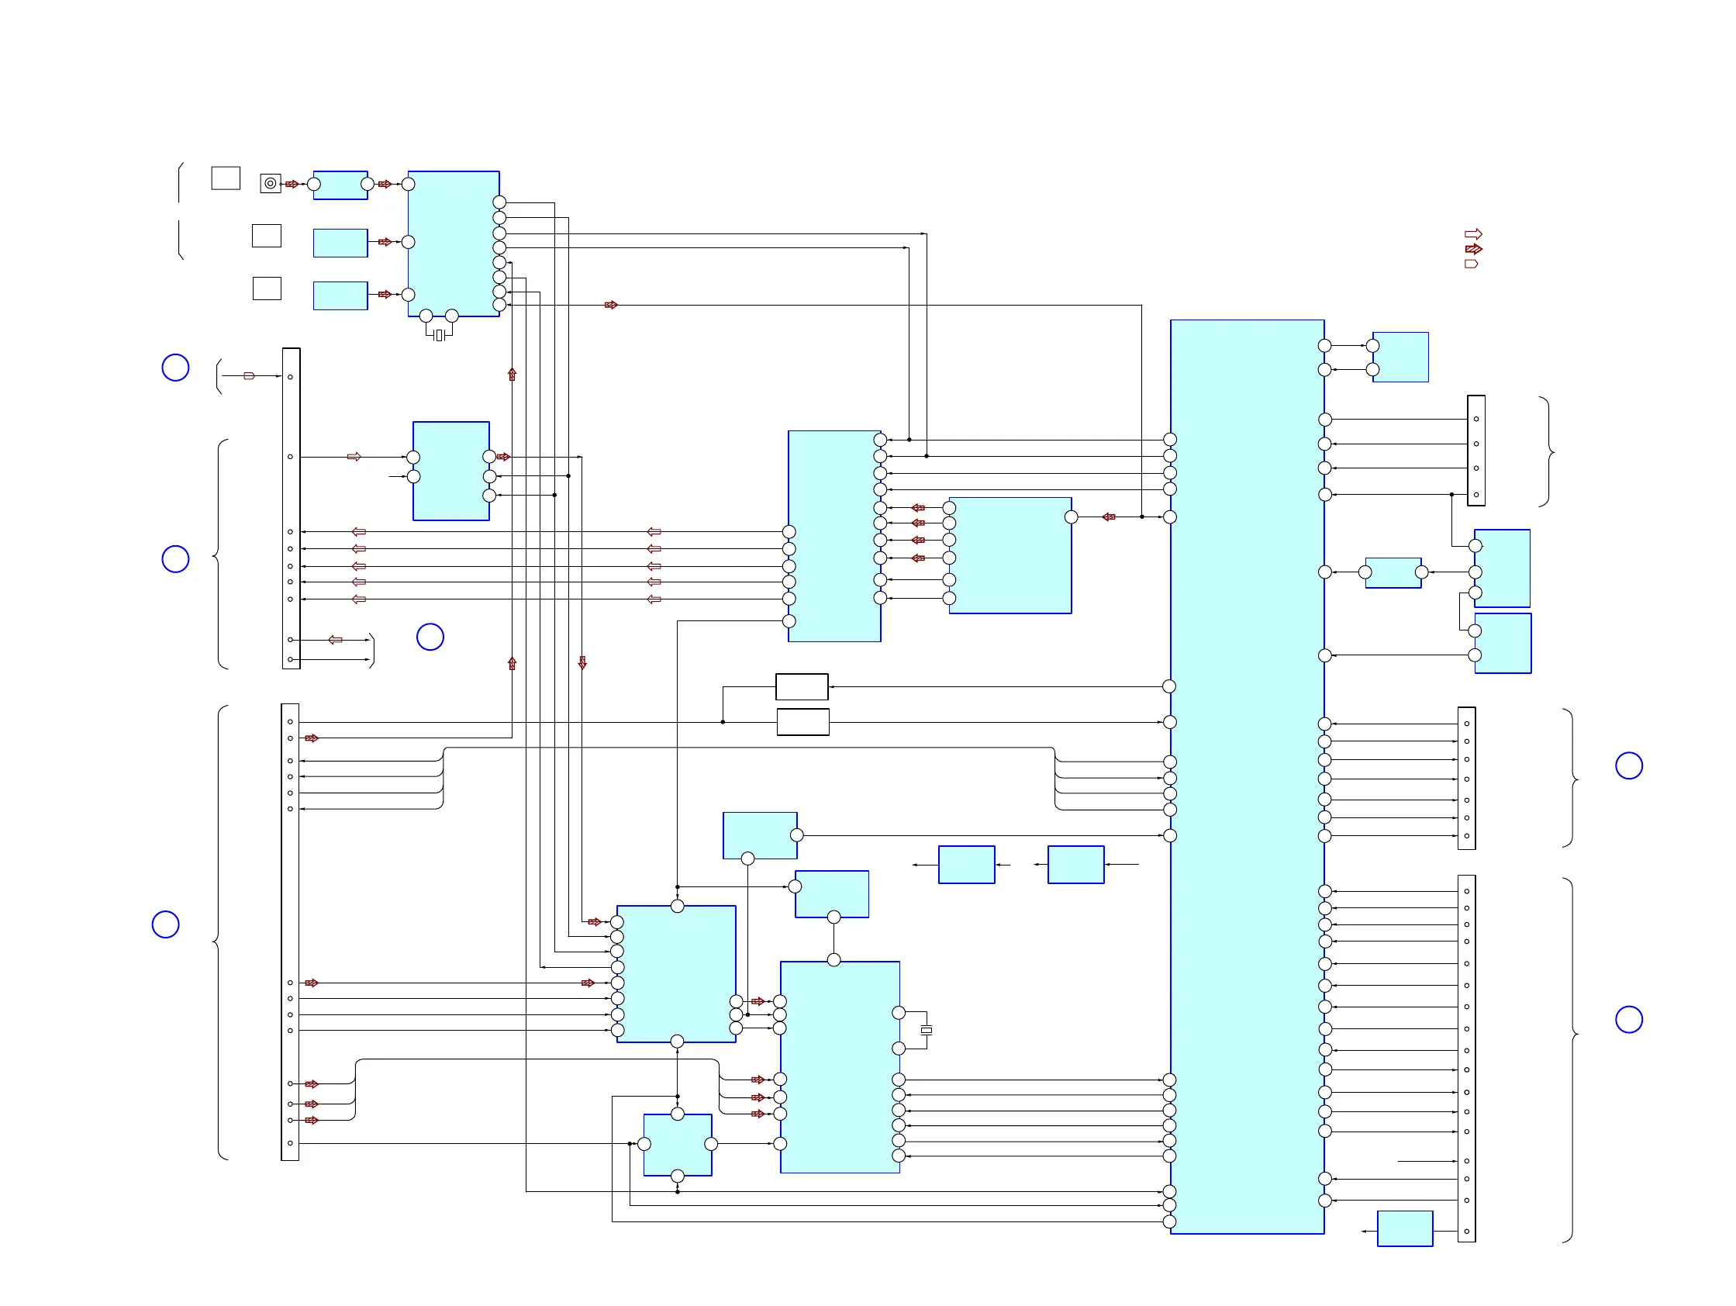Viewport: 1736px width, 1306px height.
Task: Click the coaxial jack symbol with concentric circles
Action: point(270,184)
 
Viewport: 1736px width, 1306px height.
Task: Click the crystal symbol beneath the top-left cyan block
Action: point(439,335)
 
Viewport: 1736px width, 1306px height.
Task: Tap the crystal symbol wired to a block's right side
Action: point(926,1030)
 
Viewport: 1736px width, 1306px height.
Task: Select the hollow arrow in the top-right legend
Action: point(1473,234)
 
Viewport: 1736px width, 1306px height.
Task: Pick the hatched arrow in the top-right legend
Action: point(1473,249)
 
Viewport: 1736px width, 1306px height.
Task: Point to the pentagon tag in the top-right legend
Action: point(1472,264)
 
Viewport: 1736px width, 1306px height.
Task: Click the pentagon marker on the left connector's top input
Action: point(249,376)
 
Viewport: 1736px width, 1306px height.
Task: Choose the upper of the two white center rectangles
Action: point(801,687)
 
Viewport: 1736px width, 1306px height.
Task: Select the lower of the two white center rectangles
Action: point(802,722)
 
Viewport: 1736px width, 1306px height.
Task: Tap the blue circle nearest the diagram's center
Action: point(430,637)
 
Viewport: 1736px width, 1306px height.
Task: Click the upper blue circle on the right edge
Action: point(1628,765)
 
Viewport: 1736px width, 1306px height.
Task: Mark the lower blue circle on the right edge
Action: point(1628,1020)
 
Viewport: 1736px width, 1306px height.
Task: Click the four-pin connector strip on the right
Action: point(1475,451)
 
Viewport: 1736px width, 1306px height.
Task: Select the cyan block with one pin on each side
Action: point(1393,572)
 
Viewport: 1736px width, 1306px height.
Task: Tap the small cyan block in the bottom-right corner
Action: point(1405,1228)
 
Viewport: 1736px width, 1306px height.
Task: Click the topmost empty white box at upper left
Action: point(226,178)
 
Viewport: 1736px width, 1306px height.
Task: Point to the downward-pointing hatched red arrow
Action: point(582,662)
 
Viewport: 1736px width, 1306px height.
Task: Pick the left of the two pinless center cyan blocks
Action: point(966,864)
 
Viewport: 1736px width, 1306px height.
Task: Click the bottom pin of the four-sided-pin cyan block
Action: point(678,1176)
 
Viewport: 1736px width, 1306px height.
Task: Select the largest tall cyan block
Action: point(1246,777)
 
